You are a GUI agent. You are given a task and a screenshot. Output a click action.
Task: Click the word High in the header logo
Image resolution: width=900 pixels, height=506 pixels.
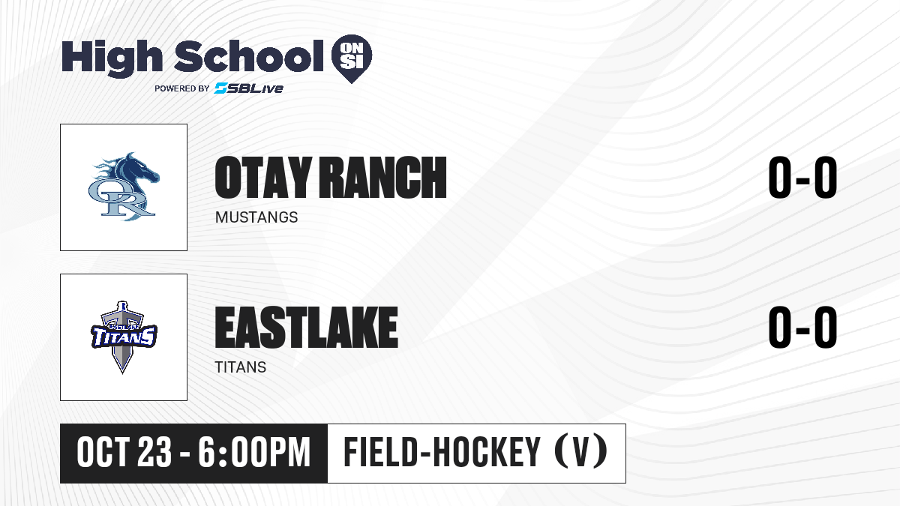coord(112,58)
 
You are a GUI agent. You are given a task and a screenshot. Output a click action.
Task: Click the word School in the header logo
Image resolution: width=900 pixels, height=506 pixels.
coord(249,56)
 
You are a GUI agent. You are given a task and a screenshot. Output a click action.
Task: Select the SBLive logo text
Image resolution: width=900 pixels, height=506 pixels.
coord(249,88)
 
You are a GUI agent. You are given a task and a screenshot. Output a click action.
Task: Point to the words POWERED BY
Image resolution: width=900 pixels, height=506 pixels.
coord(182,88)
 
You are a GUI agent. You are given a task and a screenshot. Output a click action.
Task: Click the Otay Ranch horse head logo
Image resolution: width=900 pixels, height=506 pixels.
coord(124,187)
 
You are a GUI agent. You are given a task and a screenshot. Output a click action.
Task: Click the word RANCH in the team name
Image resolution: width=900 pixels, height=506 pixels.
coord(382,178)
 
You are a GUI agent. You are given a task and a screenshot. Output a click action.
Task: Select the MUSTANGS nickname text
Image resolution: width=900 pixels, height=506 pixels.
coord(256,217)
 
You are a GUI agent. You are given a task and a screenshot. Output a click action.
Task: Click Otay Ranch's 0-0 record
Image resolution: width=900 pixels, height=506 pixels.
coord(802,178)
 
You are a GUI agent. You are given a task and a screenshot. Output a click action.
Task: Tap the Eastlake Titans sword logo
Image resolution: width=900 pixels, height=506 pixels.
coord(124,337)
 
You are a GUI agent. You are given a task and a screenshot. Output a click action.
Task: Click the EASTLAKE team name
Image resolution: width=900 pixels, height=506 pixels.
coord(306,328)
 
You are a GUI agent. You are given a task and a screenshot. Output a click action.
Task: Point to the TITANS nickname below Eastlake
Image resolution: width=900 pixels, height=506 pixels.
coord(240,367)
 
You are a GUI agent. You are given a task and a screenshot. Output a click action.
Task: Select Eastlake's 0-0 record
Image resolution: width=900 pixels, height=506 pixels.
coord(802,328)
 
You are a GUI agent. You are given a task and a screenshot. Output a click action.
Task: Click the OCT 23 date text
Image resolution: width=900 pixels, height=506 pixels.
coord(124,453)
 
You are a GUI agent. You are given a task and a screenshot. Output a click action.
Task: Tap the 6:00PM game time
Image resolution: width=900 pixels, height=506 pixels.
coord(254,453)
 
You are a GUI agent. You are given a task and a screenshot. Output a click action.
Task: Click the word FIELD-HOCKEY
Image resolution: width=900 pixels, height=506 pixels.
coord(442,453)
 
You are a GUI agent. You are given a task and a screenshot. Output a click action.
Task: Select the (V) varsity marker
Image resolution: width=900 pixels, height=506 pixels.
coord(581,453)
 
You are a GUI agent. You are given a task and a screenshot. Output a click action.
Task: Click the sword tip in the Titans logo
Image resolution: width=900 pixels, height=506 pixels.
coord(122,373)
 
